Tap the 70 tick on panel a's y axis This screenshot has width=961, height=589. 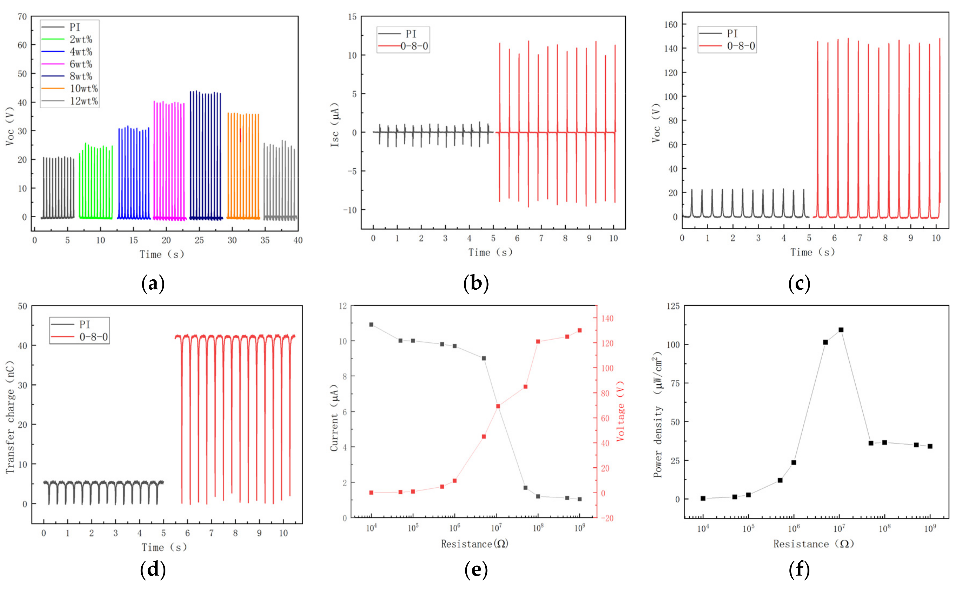pyautogui.click(x=22, y=17)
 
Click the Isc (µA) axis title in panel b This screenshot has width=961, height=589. pyautogui.click(x=335, y=125)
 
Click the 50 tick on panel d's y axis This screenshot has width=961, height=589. pyautogui.click(x=22, y=306)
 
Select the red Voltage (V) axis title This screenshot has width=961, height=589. pyautogui.click(x=620, y=411)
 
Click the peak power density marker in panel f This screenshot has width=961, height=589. pyautogui.click(x=841, y=330)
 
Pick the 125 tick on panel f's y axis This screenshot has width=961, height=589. pyautogui.click(x=672, y=306)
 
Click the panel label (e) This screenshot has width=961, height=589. pyautogui.click(x=476, y=570)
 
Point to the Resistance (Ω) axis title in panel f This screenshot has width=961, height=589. pyautogui.click(x=813, y=544)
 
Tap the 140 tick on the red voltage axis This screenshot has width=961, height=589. pyautogui.click(x=607, y=319)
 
